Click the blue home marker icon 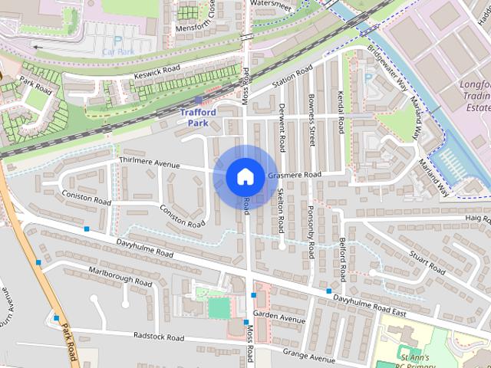[245, 176]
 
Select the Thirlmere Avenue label [150, 163]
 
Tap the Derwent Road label [282, 127]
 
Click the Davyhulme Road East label [372, 301]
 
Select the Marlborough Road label [119, 276]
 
